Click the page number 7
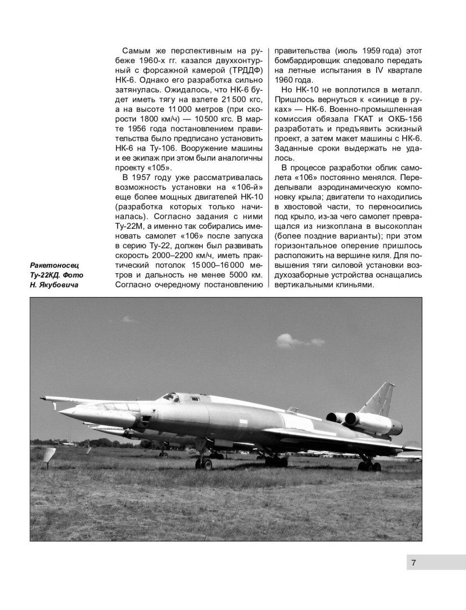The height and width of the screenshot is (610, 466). point(414,563)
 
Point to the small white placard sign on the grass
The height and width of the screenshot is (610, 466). point(49,458)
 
